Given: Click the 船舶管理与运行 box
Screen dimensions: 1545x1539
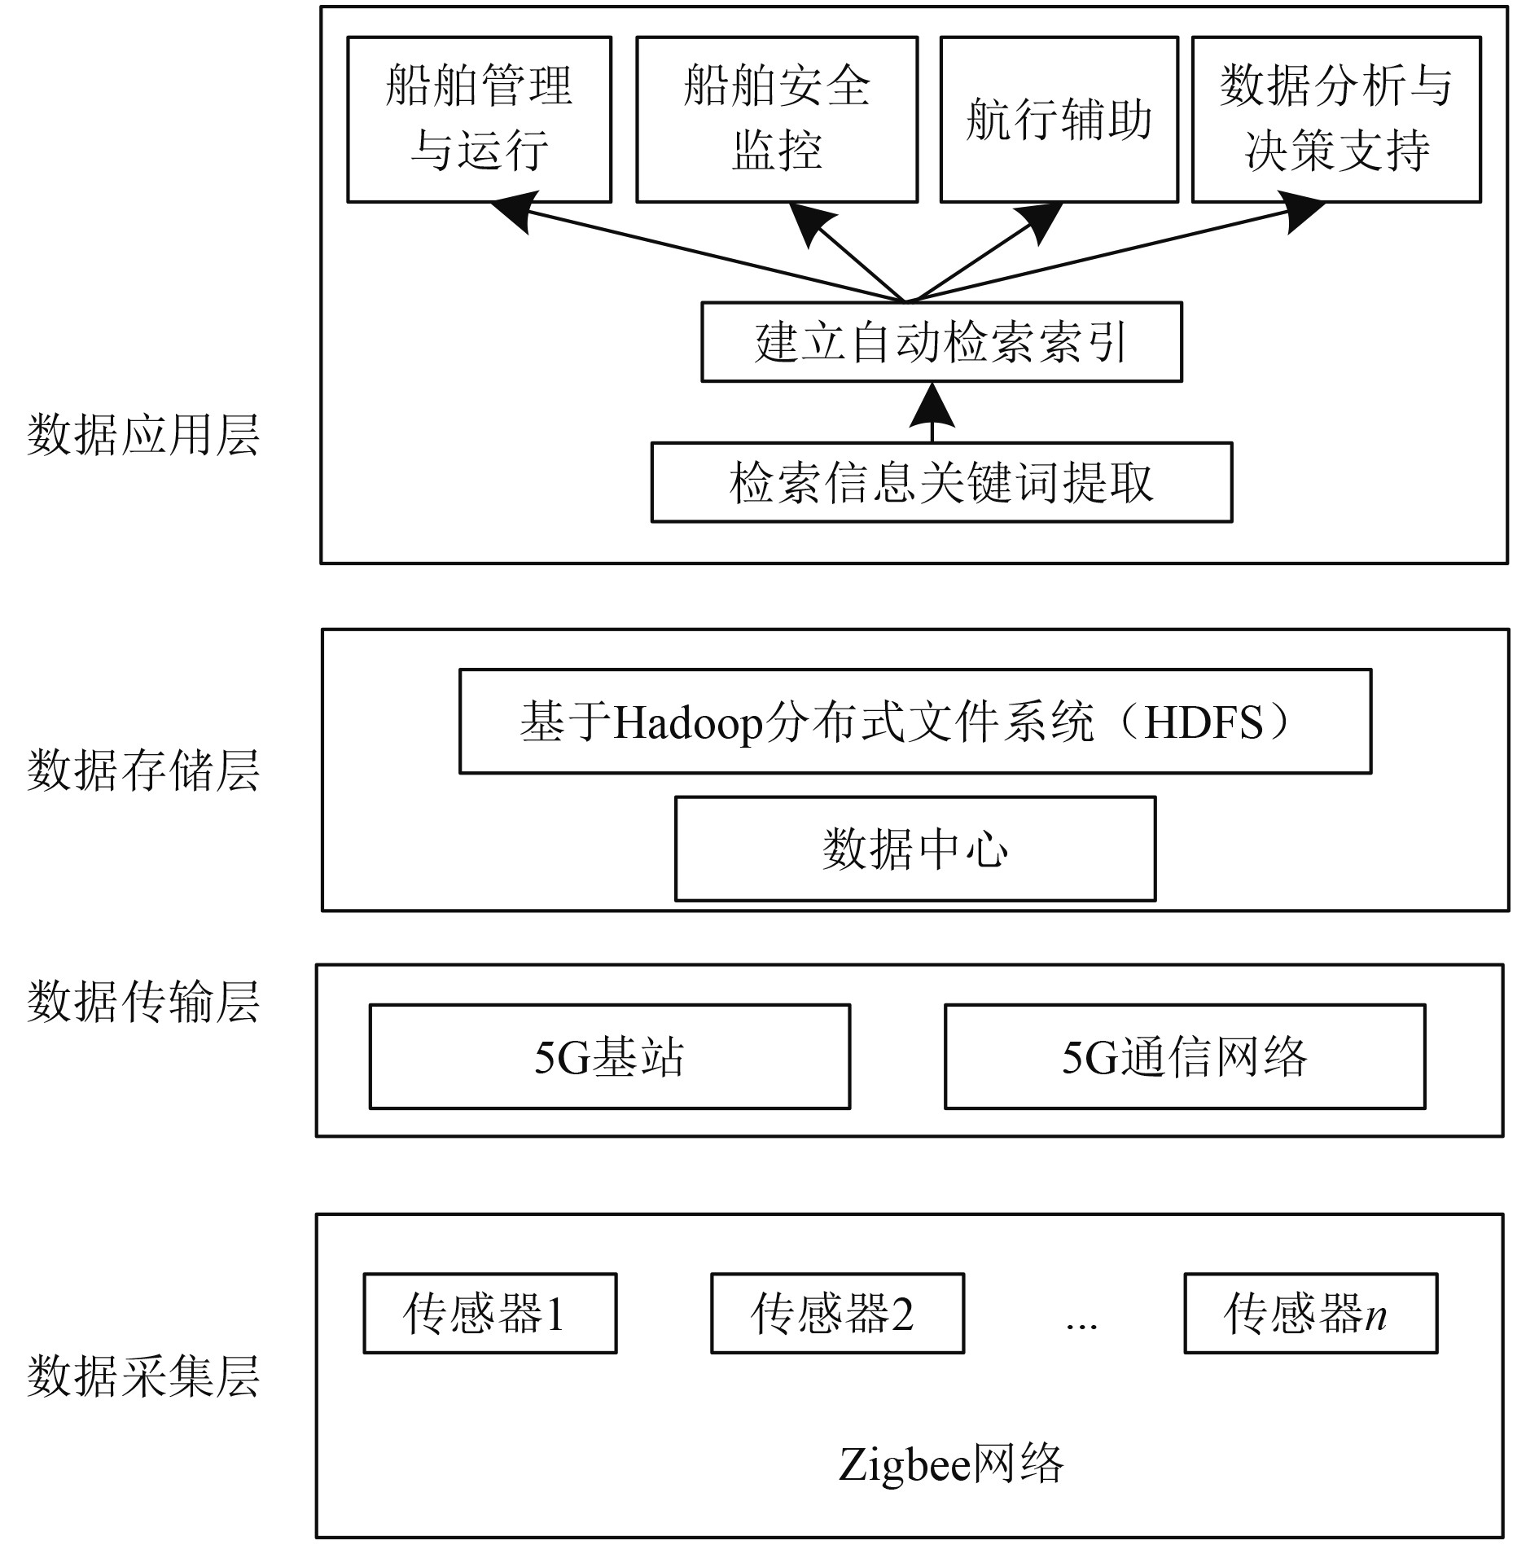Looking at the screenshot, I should pos(479,119).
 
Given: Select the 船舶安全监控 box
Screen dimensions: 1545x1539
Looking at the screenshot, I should pos(776,119).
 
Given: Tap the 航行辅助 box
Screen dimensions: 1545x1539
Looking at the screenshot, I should pos(1059,119).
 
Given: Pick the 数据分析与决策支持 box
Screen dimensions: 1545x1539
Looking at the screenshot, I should pos(1335,119).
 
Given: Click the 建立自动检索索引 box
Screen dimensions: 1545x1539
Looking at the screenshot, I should pos(941,342).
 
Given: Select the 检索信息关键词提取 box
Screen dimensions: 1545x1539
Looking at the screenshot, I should pos(941,482).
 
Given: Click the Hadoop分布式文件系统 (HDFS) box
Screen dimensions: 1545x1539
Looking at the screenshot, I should pos(915,722).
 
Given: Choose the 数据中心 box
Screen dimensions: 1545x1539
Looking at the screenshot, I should pos(915,849).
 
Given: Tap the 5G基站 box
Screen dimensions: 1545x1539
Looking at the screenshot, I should pos(609,1056).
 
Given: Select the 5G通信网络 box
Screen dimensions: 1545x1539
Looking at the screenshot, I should pos(1185,1056).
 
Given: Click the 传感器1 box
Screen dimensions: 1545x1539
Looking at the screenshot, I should pos(489,1314).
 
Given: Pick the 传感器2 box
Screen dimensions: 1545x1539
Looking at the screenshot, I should pos(837,1314).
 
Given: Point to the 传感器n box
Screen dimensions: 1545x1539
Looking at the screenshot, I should pos(1310,1314).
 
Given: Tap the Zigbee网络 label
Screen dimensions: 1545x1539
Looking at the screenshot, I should pos(950,1464).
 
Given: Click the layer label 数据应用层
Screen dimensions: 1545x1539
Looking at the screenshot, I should pos(143,435).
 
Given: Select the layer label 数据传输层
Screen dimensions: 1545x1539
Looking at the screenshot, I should pos(143,1002).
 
